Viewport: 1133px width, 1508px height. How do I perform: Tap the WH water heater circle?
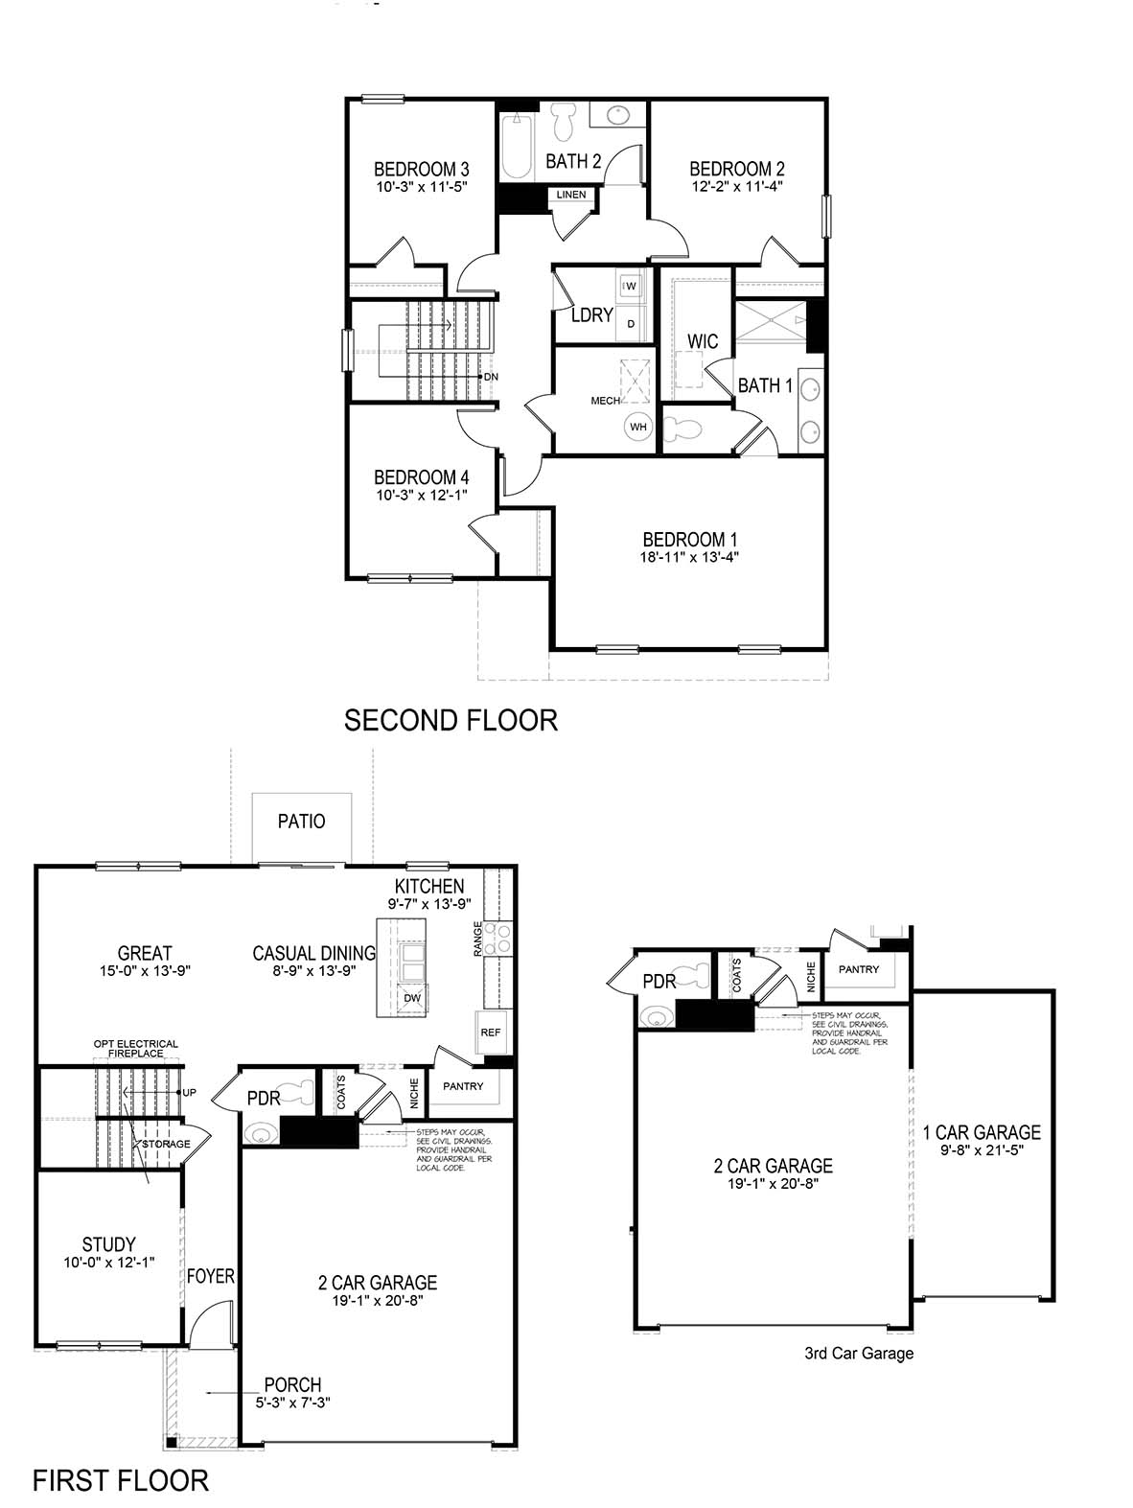(638, 427)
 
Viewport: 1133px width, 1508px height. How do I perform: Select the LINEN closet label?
(571, 196)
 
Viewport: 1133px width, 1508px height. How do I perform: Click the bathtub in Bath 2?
(517, 147)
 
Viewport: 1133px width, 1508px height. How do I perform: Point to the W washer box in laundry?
(632, 285)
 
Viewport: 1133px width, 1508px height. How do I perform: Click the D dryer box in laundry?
(631, 324)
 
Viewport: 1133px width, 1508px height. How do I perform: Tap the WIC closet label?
(703, 341)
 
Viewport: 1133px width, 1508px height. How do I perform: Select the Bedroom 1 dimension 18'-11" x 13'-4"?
(690, 557)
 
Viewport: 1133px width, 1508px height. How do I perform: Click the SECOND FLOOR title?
(451, 720)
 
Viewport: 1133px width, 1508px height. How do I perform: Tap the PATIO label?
(301, 822)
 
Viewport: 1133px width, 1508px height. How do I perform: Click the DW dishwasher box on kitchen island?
(412, 998)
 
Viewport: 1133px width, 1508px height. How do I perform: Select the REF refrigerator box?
(491, 1032)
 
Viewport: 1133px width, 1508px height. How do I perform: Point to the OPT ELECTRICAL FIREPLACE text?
(136, 1049)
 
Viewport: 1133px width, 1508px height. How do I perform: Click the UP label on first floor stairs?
(189, 1093)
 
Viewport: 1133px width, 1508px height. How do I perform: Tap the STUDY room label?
(108, 1244)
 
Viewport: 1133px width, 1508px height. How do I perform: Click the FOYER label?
(211, 1276)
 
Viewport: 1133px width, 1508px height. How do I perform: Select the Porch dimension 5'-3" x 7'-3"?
(293, 1403)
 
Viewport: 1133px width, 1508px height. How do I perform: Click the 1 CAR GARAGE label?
(981, 1132)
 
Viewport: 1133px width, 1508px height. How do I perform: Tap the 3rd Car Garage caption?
(859, 1354)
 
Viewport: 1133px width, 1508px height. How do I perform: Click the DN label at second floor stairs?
(491, 377)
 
